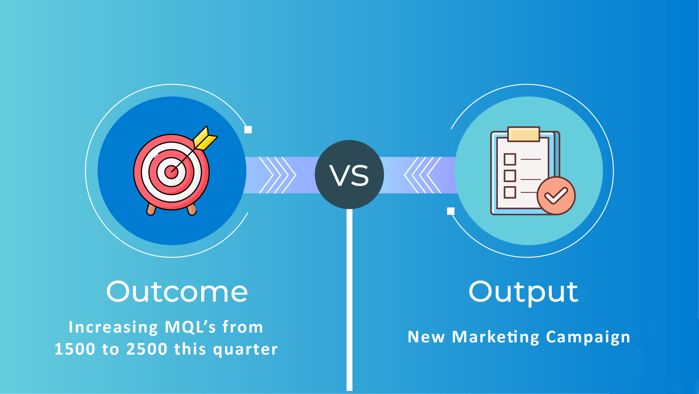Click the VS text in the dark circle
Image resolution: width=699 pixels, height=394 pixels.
pos(349,175)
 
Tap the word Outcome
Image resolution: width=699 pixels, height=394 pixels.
pos(177,292)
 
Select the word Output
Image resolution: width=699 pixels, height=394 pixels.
pos(523,292)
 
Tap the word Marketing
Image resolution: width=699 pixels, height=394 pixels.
pos(496,337)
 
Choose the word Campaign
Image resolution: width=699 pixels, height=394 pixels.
pos(588,337)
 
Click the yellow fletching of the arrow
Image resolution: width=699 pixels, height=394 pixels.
pos(205,139)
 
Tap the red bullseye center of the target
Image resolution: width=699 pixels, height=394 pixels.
pos(171,172)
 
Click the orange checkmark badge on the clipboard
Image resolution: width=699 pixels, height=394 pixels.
pos(556,196)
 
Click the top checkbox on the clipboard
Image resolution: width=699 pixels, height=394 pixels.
pos(510,159)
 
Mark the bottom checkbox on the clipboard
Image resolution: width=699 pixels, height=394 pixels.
pos(510,192)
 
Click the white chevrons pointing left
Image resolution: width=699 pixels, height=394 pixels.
pos(422,175)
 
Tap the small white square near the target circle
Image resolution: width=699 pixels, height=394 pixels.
pos(248,129)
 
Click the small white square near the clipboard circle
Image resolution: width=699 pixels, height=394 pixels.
pos(451,211)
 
